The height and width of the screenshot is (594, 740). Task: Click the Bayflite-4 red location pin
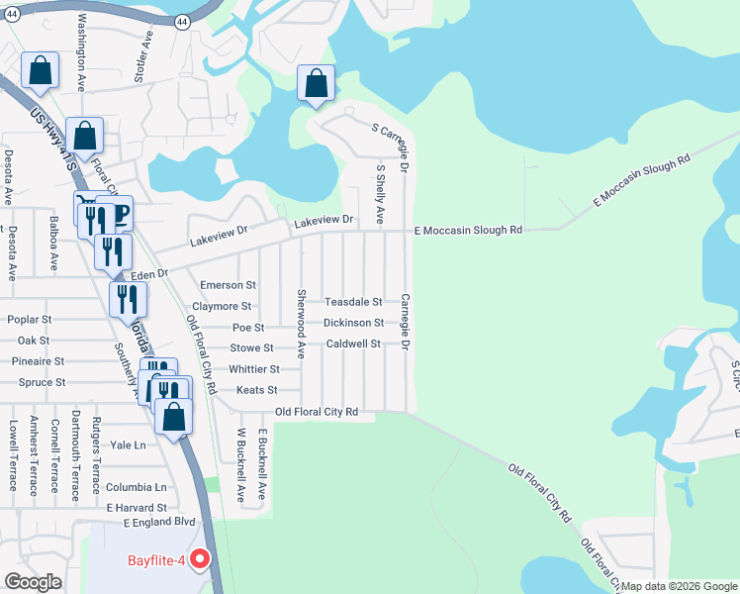(200, 559)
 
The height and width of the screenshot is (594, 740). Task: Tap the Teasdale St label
(354, 301)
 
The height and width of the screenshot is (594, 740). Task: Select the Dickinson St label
(353, 323)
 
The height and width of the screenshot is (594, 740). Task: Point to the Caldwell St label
(353, 344)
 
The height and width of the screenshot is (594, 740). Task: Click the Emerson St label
(228, 285)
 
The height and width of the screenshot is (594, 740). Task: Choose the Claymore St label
(222, 307)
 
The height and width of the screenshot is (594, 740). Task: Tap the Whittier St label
(254, 369)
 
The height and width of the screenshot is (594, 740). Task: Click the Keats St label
(256, 391)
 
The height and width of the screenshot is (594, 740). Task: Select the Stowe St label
(251, 348)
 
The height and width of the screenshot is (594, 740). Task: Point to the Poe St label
(248, 328)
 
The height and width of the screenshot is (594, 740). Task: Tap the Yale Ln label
(128, 445)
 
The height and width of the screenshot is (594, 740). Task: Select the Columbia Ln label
(137, 487)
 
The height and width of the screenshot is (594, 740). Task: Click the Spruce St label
(42, 382)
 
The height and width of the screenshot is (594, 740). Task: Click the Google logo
(33, 582)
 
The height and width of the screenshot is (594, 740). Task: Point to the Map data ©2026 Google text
(679, 586)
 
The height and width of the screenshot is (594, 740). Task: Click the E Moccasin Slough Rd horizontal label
(468, 230)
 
